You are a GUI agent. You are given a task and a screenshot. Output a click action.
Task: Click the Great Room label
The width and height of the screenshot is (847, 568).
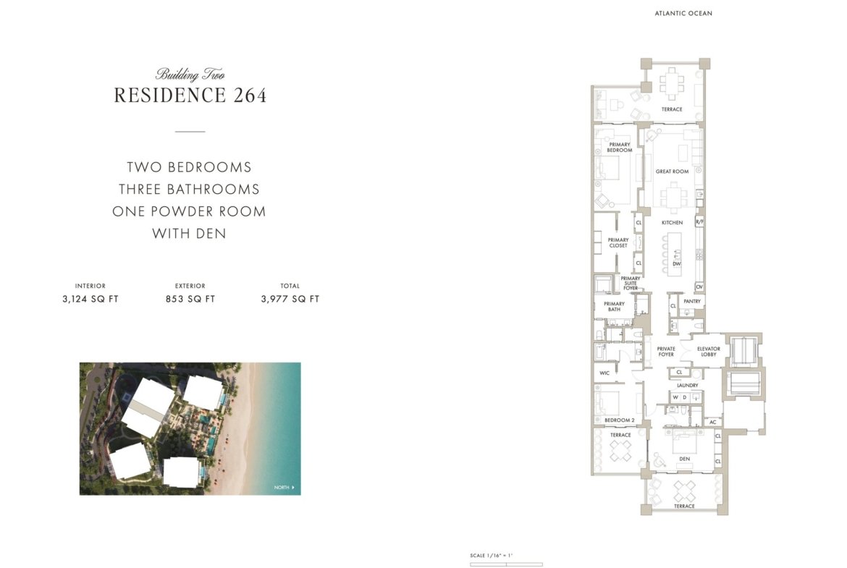(x=672, y=171)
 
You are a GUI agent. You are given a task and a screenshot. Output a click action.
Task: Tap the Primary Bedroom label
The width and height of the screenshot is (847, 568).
(x=619, y=147)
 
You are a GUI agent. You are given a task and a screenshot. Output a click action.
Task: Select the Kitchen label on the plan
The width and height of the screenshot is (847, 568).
(x=672, y=222)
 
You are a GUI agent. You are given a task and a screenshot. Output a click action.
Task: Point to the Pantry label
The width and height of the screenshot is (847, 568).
(x=692, y=301)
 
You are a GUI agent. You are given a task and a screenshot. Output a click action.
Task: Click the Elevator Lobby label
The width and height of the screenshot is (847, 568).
(x=708, y=352)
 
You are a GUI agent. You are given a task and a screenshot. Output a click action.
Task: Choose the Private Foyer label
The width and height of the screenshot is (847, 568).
(x=666, y=352)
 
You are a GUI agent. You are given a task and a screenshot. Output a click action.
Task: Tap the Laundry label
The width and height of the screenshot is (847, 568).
(x=687, y=385)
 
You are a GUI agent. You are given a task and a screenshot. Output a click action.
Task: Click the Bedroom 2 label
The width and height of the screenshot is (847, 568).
(x=619, y=420)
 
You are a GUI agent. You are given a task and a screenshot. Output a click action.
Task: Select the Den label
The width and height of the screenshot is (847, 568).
(x=684, y=459)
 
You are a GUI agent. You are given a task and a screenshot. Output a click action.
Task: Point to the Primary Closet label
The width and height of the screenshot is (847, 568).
(x=618, y=242)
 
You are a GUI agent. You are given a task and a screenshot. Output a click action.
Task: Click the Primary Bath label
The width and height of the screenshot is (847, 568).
(x=614, y=307)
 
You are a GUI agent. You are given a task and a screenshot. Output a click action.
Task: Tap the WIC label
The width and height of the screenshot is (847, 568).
(x=604, y=373)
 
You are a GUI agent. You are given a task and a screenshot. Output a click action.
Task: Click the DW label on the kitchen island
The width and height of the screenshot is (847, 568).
(x=676, y=264)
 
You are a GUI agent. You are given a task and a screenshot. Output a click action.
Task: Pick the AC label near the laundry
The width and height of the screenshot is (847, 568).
(x=712, y=423)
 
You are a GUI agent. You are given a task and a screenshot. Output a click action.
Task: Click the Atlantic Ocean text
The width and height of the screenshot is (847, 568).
(x=683, y=14)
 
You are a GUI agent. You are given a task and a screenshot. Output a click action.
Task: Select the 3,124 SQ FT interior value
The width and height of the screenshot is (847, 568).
(x=90, y=299)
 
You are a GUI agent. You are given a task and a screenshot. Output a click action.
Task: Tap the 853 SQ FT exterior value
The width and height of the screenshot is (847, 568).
(x=190, y=299)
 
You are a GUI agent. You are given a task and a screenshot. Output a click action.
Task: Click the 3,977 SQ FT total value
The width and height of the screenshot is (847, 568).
(x=290, y=299)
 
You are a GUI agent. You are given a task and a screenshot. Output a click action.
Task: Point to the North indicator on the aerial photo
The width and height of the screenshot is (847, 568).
(x=284, y=488)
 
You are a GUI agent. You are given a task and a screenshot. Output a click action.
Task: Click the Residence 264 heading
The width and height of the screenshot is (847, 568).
(x=190, y=95)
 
